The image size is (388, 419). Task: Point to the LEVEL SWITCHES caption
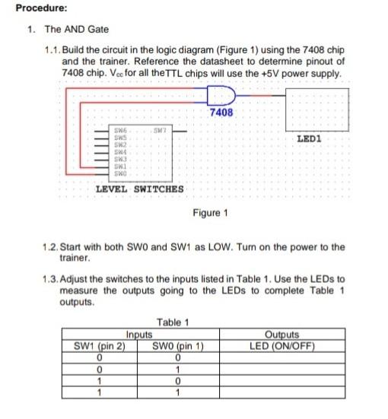(139, 189)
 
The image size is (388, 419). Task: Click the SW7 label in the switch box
(159, 132)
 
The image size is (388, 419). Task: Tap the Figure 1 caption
(211, 212)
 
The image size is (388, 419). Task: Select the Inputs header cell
(139, 332)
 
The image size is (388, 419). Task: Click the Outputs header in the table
(282, 332)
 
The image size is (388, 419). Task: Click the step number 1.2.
(52, 247)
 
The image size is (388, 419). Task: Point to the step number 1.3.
(52, 279)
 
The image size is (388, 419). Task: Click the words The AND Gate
(77, 30)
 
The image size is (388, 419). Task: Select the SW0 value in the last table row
(177, 392)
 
